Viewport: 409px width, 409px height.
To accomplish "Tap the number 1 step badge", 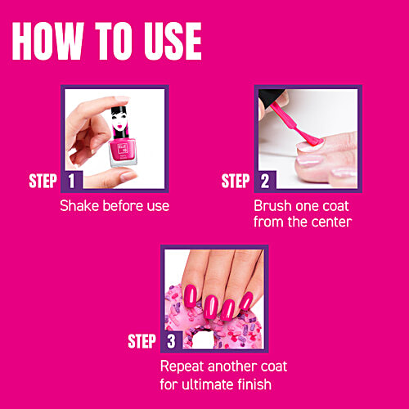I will pos(71,182).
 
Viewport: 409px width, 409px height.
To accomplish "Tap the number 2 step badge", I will pos(264,182).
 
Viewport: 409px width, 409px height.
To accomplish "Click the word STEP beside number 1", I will pos(43,182).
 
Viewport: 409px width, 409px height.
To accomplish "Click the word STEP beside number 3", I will pos(142,341).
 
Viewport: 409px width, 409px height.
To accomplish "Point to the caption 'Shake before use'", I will pos(115,206).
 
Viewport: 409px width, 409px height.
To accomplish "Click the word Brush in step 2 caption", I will pos(272,206).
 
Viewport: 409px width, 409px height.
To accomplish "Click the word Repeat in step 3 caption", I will pos(182,366).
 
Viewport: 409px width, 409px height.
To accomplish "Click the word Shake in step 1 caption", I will pos(79,206).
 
